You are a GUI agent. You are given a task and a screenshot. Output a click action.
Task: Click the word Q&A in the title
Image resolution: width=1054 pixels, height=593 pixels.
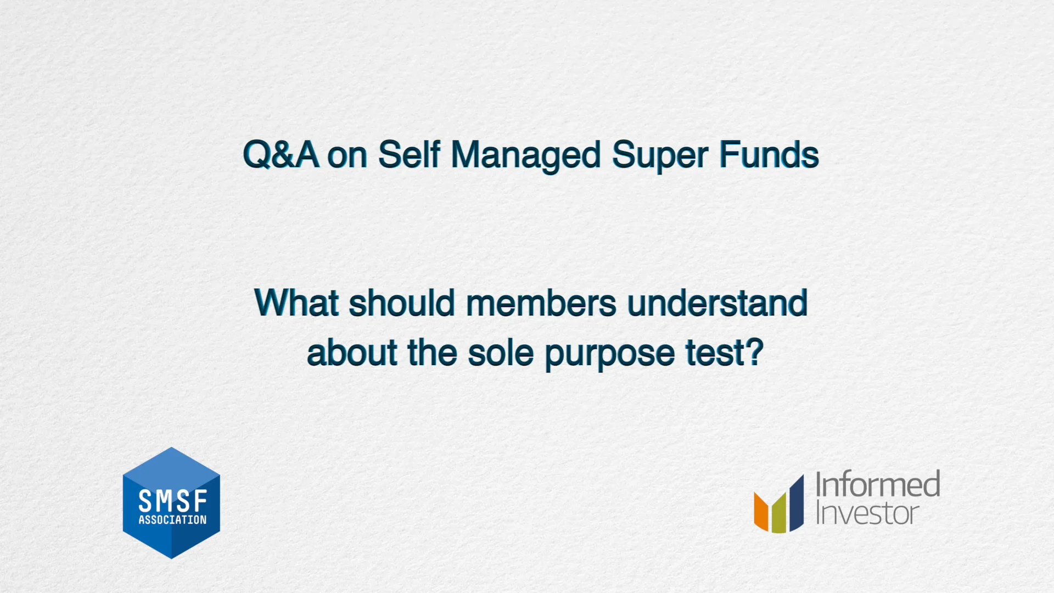(x=281, y=154)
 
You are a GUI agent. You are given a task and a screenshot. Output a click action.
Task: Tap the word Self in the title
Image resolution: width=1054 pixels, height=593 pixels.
(x=409, y=154)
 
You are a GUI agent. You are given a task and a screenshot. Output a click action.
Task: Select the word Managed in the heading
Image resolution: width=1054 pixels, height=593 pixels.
(x=525, y=155)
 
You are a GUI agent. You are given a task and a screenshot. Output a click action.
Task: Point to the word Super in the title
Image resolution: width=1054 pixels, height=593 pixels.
(x=659, y=155)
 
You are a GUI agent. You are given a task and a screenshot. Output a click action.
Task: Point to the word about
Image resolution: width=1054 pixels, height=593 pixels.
(x=352, y=353)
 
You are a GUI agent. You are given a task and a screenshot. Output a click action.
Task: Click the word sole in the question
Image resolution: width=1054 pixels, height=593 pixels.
(x=500, y=353)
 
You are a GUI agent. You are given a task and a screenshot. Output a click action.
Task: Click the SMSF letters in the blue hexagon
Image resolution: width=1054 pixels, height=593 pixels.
(x=172, y=501)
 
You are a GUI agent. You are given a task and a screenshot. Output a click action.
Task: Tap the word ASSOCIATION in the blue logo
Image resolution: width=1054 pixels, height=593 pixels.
(x=172, y=520)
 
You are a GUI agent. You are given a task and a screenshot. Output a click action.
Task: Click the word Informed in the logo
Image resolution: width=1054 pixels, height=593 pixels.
(x=877, y=484)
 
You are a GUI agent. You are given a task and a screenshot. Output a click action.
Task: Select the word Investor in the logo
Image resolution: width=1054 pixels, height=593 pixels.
(x=867, y=513)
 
